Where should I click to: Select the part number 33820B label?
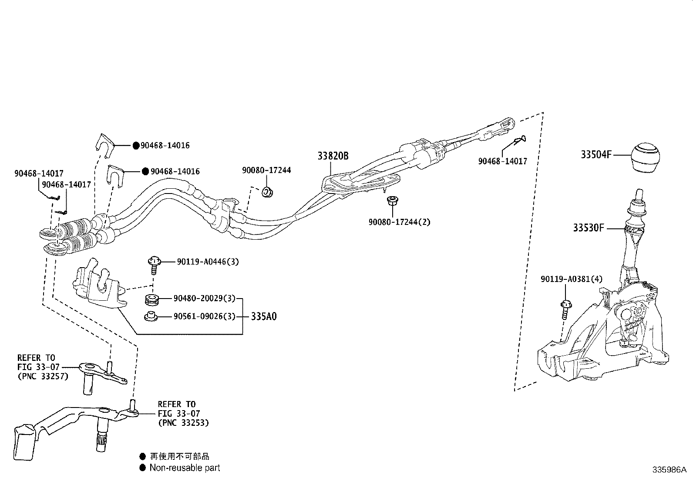pos(333,156)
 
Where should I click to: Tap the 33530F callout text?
pos(589,228)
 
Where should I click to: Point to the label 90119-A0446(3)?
pos(208,262)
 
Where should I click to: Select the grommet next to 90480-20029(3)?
pos(152,299)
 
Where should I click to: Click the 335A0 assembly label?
pos(263,316)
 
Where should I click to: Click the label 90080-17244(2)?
pos(400,222)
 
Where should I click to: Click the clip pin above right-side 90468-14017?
pos(519,139)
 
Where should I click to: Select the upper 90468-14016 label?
pos(165,146)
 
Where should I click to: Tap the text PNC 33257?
pos(43,377)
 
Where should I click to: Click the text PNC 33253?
pos(183,423)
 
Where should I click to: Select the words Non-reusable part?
pos(185,468)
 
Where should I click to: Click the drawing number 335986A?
pos(669,470)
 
